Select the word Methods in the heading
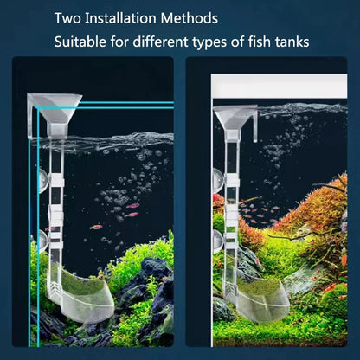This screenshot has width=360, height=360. coord(190,18)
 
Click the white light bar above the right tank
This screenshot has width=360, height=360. coord(280,86)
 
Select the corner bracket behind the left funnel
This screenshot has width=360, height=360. coord(32,115)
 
